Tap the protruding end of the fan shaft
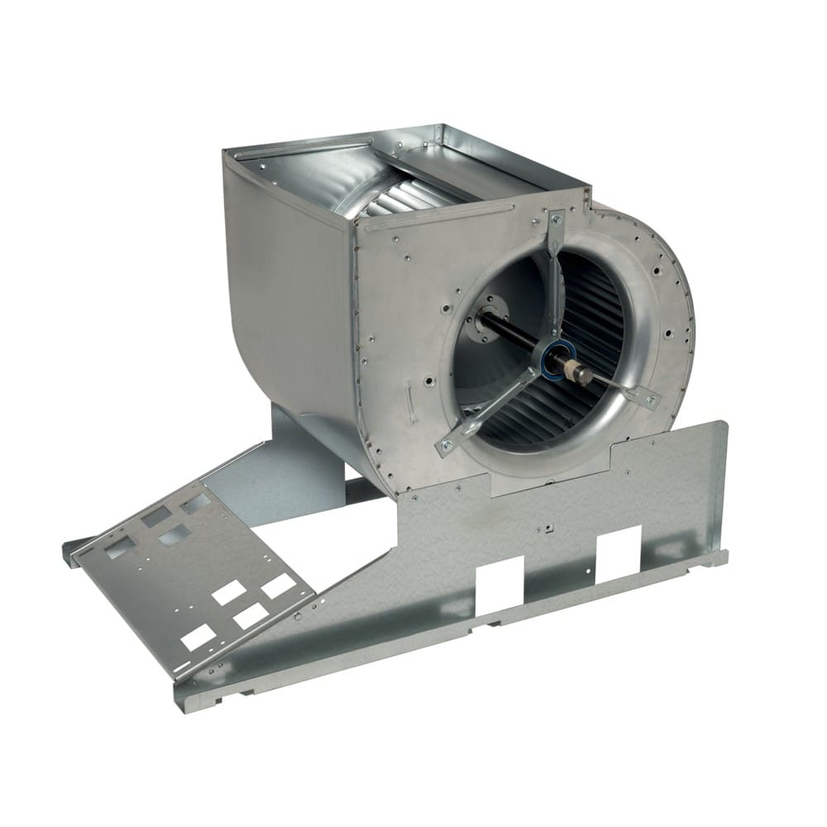584,376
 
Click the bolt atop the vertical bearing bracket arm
556,219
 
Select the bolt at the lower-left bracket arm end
447,446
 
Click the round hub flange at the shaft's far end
479,319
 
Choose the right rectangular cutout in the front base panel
619,547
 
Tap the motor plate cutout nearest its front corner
198,637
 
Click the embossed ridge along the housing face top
430,217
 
